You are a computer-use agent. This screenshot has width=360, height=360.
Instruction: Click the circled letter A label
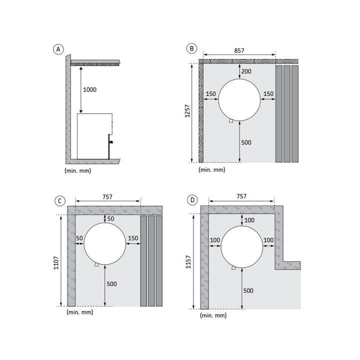[x=58, y=49]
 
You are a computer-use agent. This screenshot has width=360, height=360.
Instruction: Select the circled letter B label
[x=191, y=48]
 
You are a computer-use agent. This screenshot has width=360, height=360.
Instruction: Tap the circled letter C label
[x=60, y=201]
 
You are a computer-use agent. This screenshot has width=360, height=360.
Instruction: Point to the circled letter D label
[x=192, y=200]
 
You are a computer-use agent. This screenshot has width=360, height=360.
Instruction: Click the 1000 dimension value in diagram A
[x=89, y=89]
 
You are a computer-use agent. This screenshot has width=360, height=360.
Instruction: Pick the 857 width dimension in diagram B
[x=239, y=50]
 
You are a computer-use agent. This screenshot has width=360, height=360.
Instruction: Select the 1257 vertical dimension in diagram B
[x=187, y=111]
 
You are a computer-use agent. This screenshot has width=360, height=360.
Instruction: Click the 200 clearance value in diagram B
[x=246, y=71]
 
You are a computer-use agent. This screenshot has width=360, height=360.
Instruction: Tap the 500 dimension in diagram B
[x=246, y=142]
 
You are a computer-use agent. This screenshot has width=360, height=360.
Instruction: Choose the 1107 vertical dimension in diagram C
[x=56, y=263]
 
